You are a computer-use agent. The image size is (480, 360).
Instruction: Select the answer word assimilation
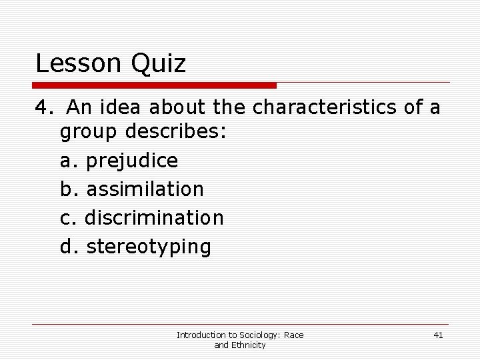tap(145, 189)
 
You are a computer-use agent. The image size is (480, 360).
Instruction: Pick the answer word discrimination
tap(154, 218)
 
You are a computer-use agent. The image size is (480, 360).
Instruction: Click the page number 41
tap(437, 335)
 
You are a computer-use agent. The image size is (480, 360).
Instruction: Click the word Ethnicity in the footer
tap(249, 345)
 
